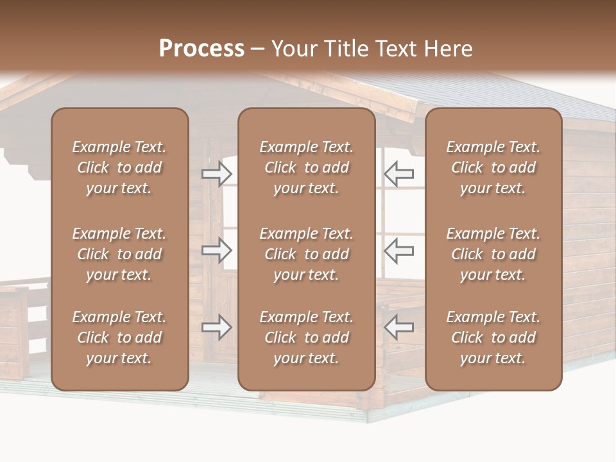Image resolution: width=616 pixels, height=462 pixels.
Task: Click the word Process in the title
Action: pyautogui.click(x=201, y=49)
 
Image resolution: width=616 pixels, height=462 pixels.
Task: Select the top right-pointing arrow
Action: pyautogui.click(x=217, y=174)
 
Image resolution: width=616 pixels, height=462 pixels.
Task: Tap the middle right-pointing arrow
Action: pyautogui.click(x=217, y=250)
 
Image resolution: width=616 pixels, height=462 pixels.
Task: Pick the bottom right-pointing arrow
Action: pyautogui.click(x=217, y=327)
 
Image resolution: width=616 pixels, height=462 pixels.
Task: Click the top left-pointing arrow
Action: pyautogui.click(x=398, y=174)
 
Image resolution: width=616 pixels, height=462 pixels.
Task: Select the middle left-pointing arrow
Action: pyautogui.click(x=398, y=250)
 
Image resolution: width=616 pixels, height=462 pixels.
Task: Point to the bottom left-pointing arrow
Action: pyautogui.click(x=398, y=327)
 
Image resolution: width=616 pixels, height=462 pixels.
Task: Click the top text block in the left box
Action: pyautogui.click(x=119, y=167)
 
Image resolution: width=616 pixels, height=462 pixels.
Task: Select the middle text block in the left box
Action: pyautogui.click(x=119, y=254)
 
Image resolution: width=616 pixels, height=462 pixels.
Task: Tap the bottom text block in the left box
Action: pyautogui.click(x=119, y=338)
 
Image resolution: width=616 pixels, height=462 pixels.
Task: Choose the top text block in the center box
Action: pyautogui.click(x=306, y=167)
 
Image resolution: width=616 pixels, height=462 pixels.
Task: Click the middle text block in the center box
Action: pyautogui.click(x=306, y=254)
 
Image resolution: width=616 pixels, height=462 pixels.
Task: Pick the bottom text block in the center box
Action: pyautogui.click(x=306, y=338)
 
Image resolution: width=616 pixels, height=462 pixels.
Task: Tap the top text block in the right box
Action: pyautogui.click(x=493, y=167)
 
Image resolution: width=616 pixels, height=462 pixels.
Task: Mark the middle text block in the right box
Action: pyautogui.click(x=493, y=254)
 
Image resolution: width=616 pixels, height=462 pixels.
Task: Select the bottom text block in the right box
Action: pyautogui.click(x=493, y=338)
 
